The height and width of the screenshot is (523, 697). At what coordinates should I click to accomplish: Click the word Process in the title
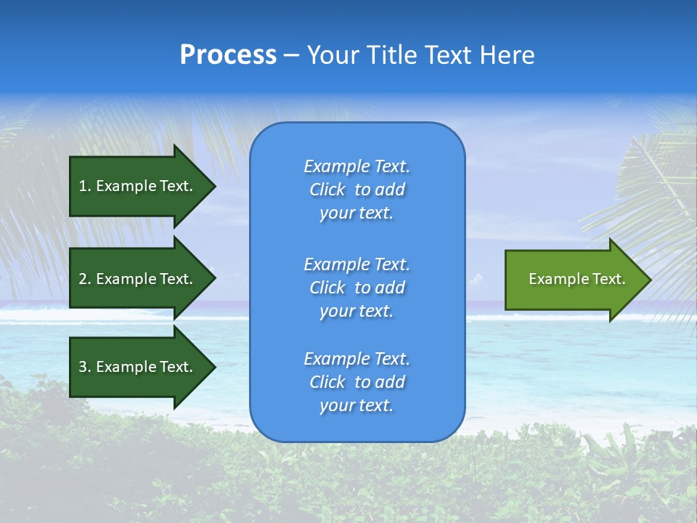[228, 55]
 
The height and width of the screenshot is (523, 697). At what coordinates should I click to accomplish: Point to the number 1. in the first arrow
[85, 186]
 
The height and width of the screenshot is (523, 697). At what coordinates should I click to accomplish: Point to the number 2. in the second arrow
[85, 279]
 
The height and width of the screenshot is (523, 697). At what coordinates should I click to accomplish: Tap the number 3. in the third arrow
[85, 367]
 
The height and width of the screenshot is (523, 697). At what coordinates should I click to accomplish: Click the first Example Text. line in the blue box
[356, 166]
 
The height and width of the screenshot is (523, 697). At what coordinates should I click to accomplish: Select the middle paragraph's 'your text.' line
[356, 311]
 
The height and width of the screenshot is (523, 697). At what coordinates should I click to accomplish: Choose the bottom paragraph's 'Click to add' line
[356, 382]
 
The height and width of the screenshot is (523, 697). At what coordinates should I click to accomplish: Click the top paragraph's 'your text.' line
[356, 214]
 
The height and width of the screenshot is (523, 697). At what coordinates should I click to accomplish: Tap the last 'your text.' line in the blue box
[356, 405]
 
